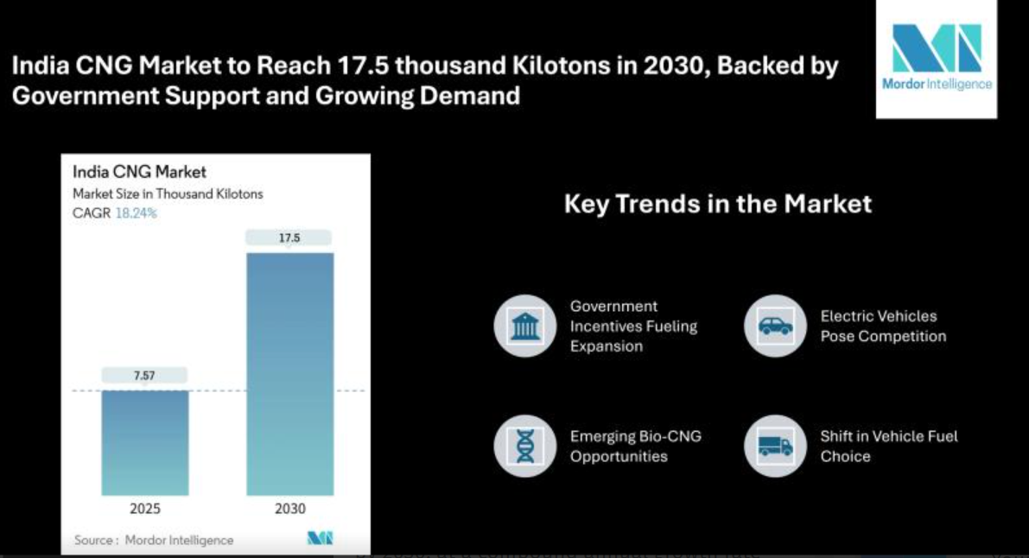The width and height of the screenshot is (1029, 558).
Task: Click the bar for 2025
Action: click(x=144, y=442)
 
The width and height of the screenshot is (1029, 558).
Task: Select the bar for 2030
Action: click(x=290, y=373)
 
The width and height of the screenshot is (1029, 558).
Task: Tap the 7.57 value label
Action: click(x=144, y=375)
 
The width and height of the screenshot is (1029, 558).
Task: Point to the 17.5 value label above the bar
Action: click(x=289, y=238)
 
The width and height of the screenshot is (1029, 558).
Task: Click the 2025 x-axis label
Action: click(x=144, y=509)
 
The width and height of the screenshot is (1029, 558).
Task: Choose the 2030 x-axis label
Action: click(x=290, y=509)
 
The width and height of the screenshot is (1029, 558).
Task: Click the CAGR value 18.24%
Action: click(x=137, y=213)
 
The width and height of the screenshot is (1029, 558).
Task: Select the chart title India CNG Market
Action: click(x=140, y=172)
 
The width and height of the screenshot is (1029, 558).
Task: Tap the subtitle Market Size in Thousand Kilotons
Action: click(x=168, y=194)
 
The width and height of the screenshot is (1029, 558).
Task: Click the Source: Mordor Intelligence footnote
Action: click(x=154, y=540)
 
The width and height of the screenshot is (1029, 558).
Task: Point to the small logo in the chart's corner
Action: click(x=320, y=539)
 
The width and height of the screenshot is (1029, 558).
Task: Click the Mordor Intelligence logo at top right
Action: click(x=937, y=58)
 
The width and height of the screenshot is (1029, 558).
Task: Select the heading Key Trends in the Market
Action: click(x=717, y=204)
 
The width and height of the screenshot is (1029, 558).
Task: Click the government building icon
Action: click(x=524, y=326)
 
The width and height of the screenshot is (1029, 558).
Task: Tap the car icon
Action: click(x=774, y=326)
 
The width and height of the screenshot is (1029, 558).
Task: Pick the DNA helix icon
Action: click(x=524, y=446)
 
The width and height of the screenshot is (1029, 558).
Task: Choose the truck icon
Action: click(x=774, y=446)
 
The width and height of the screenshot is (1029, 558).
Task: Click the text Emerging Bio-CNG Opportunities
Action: click(x=635, y=446)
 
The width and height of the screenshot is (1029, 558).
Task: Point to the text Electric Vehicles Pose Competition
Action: click(x=883, y=326)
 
